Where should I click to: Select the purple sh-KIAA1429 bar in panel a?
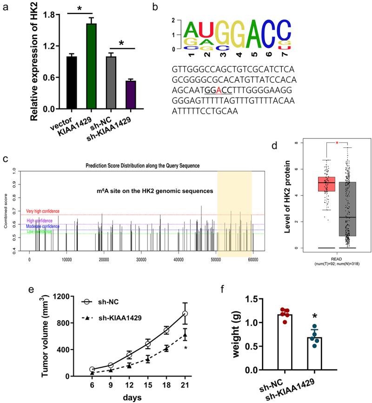tap(131, 95)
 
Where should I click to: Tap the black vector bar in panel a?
tap(71, 83)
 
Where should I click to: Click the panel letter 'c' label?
tap(5, 159)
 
